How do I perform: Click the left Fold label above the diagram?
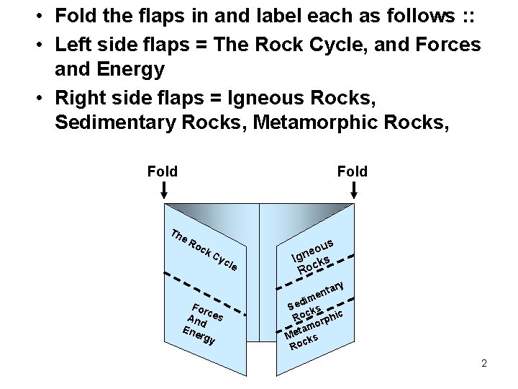pyautogui.click(x=162, y=171)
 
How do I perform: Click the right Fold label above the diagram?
pyautogui.click(x=352, y=171)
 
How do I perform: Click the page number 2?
pyautogui.click(x=484, y=363)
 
